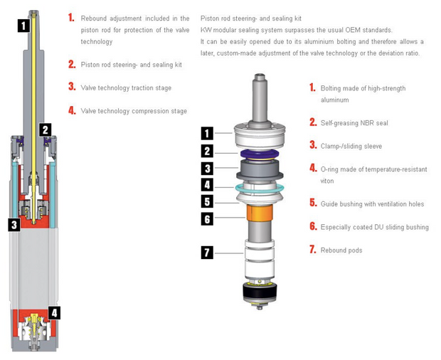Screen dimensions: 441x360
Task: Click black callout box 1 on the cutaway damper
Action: (23, 26)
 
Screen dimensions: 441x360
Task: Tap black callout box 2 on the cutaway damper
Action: (45, 130)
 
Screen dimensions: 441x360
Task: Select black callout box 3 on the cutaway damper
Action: (14, 225)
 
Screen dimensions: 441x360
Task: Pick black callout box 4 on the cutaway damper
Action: (54, 313)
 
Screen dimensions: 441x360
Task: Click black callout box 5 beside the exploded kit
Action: (207, 202)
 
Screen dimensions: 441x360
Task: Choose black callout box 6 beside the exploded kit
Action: (207, 219)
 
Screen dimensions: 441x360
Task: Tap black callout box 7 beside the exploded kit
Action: (207, 253)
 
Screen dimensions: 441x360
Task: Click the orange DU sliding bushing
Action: (260, 212)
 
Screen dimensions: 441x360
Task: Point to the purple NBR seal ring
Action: (260, 154)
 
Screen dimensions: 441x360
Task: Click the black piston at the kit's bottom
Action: (260, 292)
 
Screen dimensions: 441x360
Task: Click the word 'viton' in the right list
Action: (327, 181)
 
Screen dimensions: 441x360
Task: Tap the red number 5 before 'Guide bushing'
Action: (313, 203)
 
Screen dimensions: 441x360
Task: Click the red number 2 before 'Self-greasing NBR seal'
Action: (313, 122)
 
